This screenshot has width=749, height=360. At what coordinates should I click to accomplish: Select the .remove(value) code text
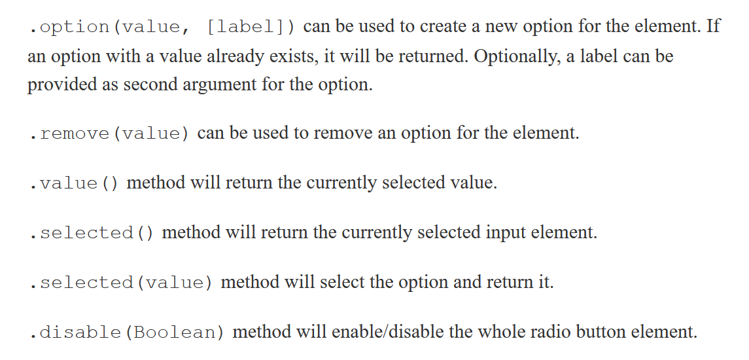109,134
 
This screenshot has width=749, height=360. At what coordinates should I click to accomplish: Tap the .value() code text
74,183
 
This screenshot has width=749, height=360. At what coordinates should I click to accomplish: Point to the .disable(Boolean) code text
127,333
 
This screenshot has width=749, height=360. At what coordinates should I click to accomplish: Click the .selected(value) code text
121,283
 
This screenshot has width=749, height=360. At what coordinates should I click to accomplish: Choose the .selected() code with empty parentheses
92,233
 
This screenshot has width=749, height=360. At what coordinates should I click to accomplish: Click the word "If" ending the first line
713,27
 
